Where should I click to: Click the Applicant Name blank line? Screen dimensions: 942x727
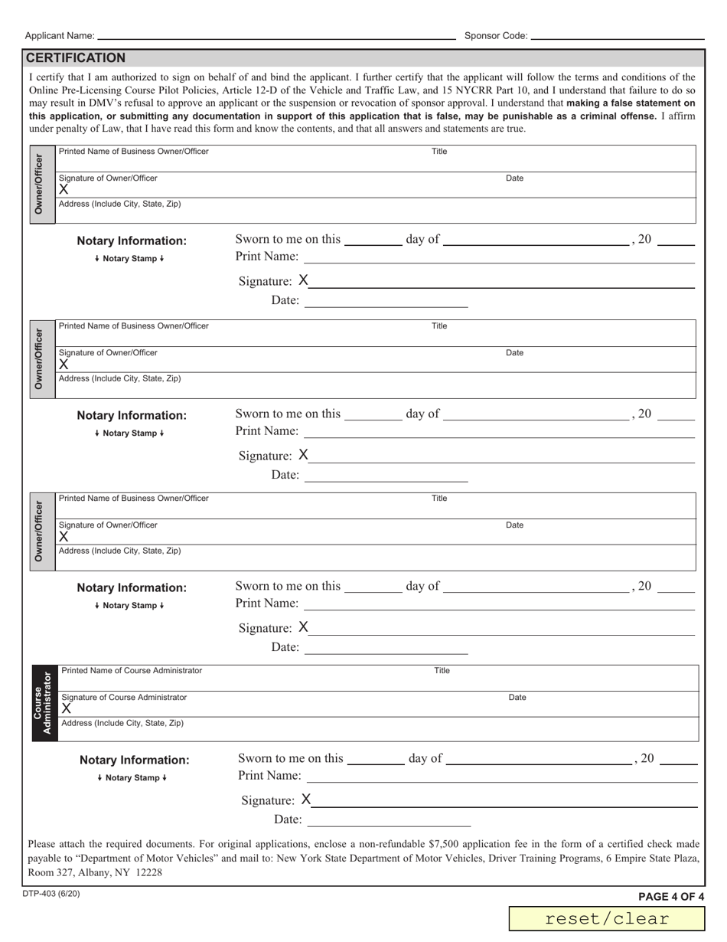275,36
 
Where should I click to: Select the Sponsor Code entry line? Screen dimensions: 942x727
617,36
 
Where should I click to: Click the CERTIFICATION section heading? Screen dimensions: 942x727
76,58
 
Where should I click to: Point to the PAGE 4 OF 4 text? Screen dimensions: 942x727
671,897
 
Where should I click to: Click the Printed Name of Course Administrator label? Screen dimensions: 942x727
132,671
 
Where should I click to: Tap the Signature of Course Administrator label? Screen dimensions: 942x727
124,698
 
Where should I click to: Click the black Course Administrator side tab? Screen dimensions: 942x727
43,703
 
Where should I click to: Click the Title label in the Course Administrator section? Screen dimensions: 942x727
442,671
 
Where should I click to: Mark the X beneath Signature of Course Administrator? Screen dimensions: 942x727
67,709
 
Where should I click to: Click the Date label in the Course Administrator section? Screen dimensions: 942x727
517,698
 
